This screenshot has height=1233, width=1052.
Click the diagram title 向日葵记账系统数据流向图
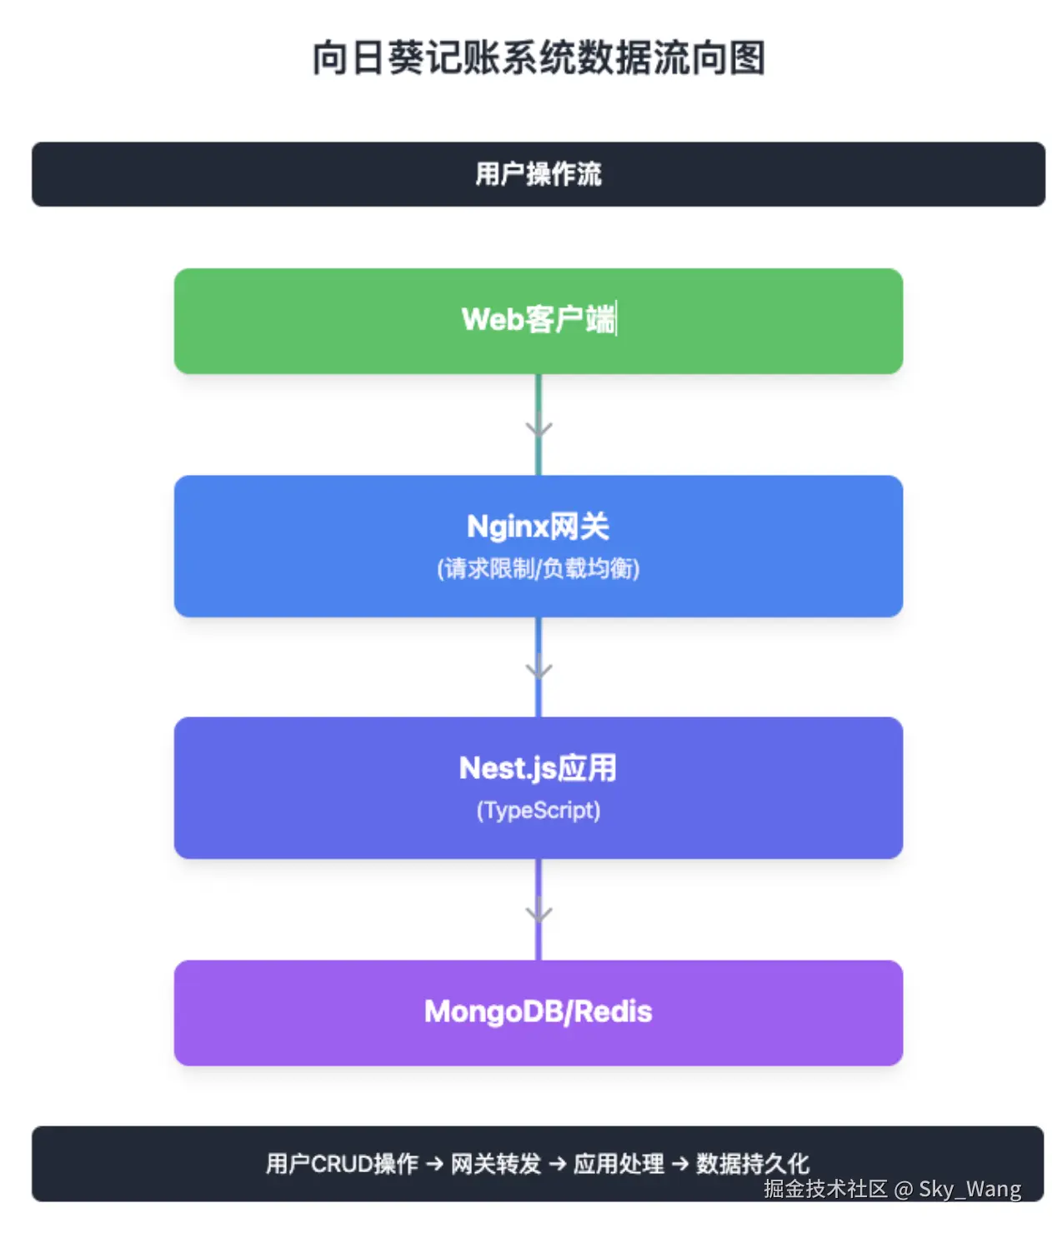539,58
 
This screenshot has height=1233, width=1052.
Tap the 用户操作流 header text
539,174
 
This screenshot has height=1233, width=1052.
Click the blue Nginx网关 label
538,527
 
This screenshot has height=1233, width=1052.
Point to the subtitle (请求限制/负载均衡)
538,569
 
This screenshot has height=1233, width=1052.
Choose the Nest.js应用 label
538,768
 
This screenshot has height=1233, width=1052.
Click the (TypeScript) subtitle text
538,811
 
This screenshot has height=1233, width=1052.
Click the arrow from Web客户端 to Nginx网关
539,427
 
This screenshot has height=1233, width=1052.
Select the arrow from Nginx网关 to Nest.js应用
539,668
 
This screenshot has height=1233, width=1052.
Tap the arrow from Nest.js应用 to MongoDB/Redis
539,911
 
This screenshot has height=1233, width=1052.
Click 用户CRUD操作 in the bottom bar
342,1164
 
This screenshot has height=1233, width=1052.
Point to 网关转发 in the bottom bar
496,1164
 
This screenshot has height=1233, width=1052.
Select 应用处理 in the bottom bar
619,1164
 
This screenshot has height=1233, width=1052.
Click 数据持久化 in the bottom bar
752,1164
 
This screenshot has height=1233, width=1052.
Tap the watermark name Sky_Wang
969,1190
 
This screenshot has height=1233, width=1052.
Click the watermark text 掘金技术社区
825,1190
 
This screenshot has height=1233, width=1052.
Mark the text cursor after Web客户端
617,319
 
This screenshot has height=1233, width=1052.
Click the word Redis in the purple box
613,1012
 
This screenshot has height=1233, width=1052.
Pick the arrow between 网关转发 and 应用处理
558,1164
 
